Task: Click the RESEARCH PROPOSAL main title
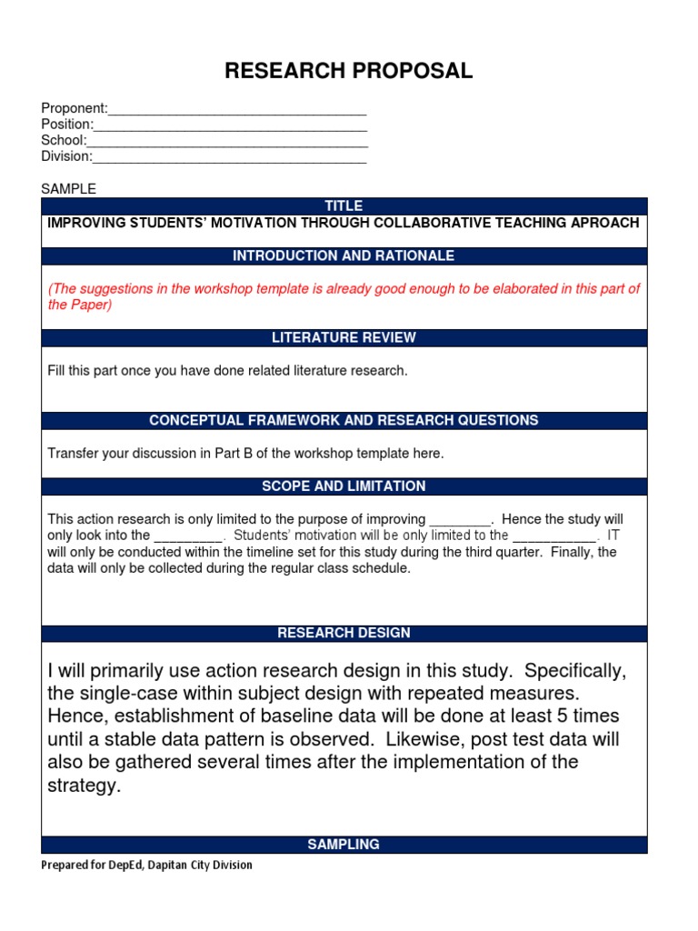(x=349, y=72)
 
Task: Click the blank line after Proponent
(x=237, y=110)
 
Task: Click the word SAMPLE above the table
(x=68, y=189)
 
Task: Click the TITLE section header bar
(x=344, y=206)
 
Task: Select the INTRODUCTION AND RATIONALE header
(x=344, y=256)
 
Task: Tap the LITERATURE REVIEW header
(x=344, y=338)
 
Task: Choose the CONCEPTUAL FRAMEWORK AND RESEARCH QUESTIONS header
(x=344, y=421)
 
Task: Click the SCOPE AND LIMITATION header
(x=344, y=486)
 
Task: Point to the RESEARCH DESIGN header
(x=344, y=633)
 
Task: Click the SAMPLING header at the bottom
(x=344, y=845)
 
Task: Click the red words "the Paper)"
(x=80, y=305)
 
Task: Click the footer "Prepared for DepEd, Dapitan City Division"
(x=146, y=866)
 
